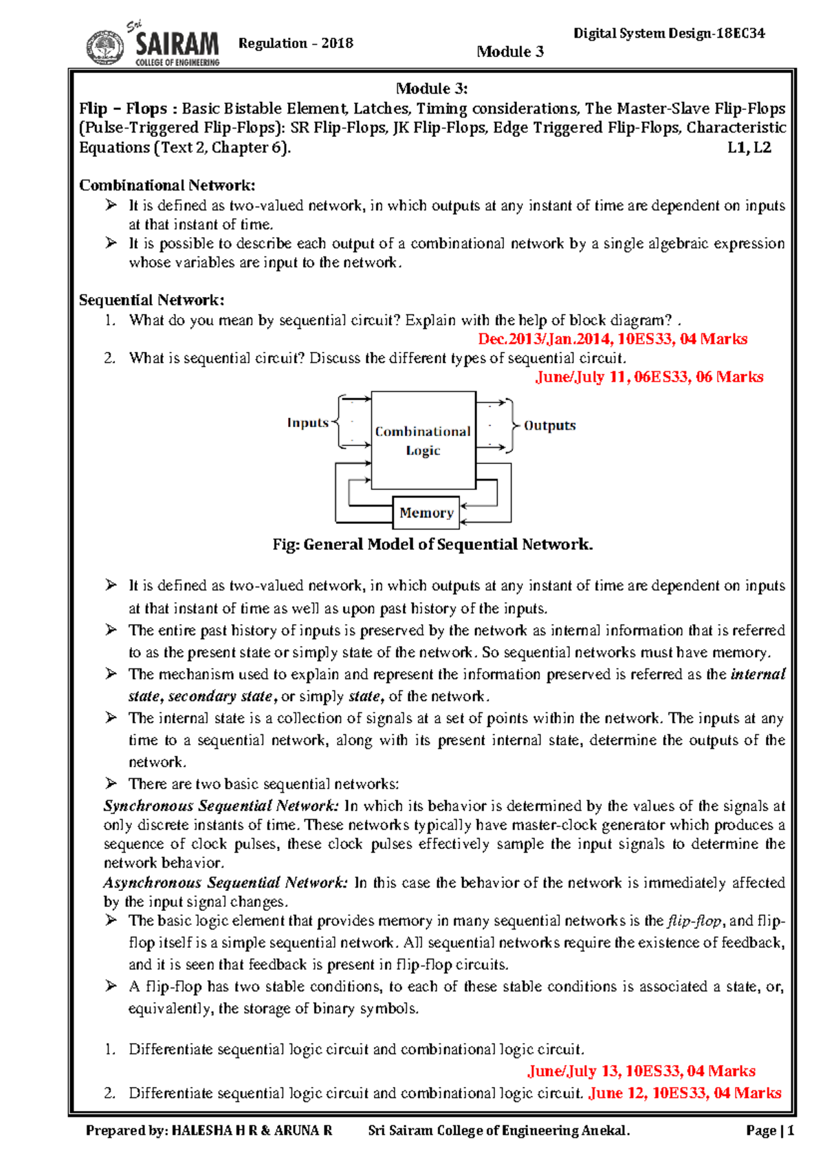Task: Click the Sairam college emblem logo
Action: [105, 47]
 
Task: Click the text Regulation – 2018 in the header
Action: [296, 43]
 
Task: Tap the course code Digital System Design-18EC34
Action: [669, 33]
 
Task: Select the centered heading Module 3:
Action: [432, 88]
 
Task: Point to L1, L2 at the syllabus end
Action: [749, 148]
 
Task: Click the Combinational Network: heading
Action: [167, 185]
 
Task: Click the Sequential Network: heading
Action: [151, 300]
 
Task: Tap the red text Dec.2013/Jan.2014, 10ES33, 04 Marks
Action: [612, 339]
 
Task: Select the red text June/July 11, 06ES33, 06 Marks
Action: [649, 377]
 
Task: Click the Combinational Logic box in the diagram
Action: [423, 440]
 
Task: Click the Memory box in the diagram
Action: [426, 513]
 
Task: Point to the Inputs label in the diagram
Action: [307, 423]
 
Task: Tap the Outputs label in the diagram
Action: [549, 426]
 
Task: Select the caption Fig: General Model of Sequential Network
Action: [432, 544]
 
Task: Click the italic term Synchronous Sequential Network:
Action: [221, 806]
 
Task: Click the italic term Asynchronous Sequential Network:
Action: [225, 883]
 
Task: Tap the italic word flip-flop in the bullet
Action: [694, 921]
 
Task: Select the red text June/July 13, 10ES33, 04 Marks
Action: [641, 1071]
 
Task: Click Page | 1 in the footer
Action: [769, 1131]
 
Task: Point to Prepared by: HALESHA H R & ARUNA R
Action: [209, 1131]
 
